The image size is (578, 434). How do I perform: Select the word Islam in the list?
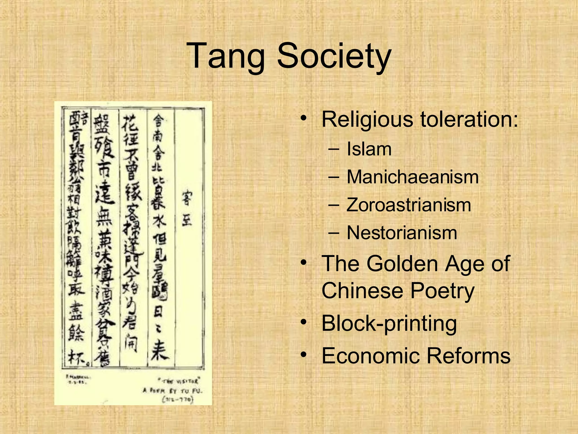(369, 149)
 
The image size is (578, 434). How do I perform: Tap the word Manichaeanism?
(413, 177)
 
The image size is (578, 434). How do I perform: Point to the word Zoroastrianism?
(409, 205)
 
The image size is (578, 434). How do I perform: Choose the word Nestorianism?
(402, 233)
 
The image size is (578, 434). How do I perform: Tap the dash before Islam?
(334, 149)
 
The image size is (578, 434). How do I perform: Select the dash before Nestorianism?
(334, 233)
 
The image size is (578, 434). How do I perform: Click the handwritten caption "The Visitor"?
(179, 381)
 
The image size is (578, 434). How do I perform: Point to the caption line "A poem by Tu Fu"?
(173, 391)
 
